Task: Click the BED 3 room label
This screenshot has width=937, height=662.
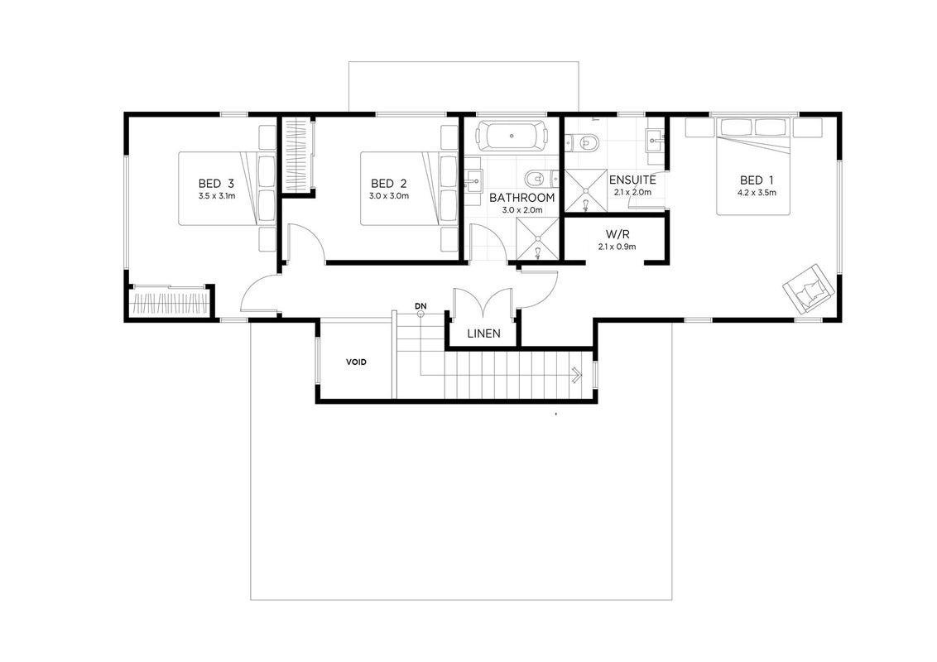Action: coord(216,184)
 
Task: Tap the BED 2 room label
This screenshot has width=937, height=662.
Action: coord(388,184)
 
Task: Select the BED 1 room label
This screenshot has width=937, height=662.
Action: coord(756,180)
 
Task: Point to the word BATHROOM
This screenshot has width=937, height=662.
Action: coord(521,198)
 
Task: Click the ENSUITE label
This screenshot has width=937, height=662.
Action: coord(632,180)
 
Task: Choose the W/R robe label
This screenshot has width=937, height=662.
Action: coord(617,234)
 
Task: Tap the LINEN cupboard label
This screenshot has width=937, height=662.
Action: coord(483,333)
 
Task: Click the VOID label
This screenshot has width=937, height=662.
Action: coord(356,362)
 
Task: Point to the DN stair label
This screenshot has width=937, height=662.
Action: coord(420,306)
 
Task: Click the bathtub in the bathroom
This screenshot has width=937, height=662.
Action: coord(512,137)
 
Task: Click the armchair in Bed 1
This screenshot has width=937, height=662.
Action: coord(808,288)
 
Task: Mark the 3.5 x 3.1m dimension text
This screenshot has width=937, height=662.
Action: coord(216,196)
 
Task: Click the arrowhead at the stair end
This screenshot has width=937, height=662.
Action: coord(577,375)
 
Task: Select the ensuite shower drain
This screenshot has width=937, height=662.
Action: coord(586,191)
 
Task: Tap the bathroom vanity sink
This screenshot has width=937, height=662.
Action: coord(475,178)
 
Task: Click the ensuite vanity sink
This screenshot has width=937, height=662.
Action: coord(656,141)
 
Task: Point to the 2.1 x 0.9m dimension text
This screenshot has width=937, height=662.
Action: coord(617,247)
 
